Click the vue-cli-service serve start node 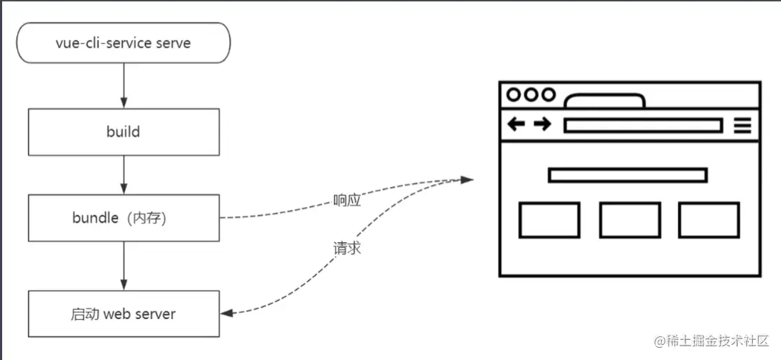124,43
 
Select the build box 124,132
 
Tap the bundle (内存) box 124,218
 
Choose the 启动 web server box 124,314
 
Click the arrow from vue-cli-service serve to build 124,86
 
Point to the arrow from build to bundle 124,175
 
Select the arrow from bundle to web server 124,266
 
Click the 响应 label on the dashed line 347,200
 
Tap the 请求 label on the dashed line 347,248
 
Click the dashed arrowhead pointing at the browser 467,180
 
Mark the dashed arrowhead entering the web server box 227,313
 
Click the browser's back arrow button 516,125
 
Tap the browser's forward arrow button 542,125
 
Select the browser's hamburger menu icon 742,126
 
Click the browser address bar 642,126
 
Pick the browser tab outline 604,101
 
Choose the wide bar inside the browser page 627,175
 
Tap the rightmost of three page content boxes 708,220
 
